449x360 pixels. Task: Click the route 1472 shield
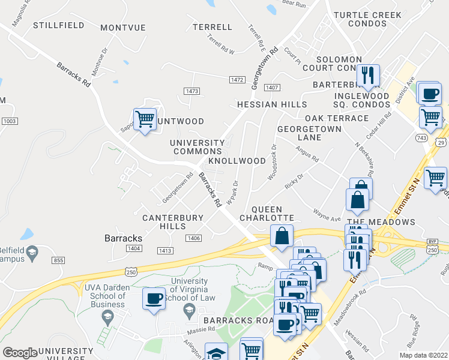click(x=237, y=80)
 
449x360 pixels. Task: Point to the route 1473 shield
click(x=191, y=91)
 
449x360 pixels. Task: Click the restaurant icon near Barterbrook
click(x=367, y=76)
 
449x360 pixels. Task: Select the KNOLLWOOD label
click(x=237, y=161)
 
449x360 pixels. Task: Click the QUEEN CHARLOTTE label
click(x=267, y=218)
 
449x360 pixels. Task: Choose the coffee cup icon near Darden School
click(x=154, y=298)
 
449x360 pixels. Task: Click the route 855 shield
click(x=58, y=260)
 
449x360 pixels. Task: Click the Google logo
click(x=20, y=353)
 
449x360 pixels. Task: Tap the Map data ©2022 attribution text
click(x=423, y=355)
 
